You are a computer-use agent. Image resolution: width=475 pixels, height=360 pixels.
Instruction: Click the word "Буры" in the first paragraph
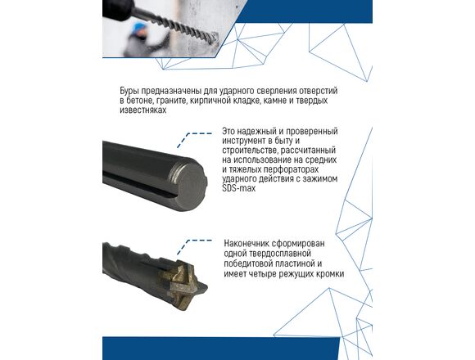pyautogui.click(x=129, y=91)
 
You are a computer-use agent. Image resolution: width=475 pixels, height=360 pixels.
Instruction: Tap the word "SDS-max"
pyautogui.click(x=239, y=188)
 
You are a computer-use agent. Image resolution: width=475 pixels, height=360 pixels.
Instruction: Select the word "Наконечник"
pyautogui.click(x=246, y=244)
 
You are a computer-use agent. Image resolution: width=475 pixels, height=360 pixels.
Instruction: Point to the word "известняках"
pyautogui.click(x=143, y=110)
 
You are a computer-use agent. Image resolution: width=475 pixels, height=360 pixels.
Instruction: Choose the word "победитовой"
pyautogui.click(x=249, y=263)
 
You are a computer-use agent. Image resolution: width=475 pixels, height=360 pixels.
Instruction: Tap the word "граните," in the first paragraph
pyautogui.click(x=170, y=101)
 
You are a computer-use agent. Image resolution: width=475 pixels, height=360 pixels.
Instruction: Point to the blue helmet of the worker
pyautogui.click(x=140, y=28)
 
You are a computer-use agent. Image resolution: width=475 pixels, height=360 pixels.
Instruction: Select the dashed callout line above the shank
pyautogui.click(x=193, y=138)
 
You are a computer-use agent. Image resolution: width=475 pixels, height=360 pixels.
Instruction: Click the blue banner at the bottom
pyautogui.click(x=221, y=349)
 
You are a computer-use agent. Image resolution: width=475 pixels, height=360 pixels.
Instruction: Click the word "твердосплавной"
pyautogui.click(x=268, y=254)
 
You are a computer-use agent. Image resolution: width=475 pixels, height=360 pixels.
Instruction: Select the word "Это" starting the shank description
pyautogui.click(x=228, y=132)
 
